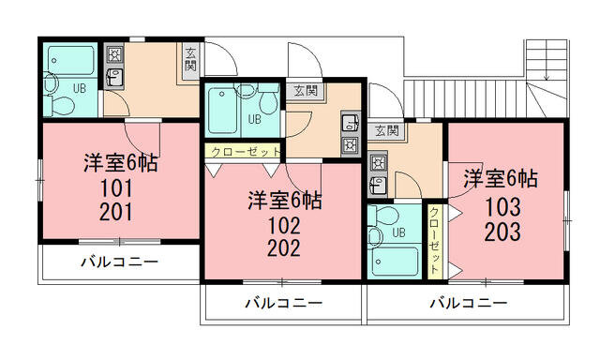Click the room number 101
coord(116,188)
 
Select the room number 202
coord(284,248)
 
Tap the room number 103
coord(502,207)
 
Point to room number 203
coord(502,232)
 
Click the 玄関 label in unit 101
coord(190,59)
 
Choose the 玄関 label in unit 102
coord(306,91)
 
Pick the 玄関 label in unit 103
coord(387,131)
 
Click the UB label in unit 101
coord(80,88)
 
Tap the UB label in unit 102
coord(254,119)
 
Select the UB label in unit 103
coord(398,232)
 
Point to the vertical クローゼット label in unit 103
coord(434,240)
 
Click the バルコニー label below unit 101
coord(119,262)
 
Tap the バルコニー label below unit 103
coord(469,303)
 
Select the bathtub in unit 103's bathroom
coord(395,262)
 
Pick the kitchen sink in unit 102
coord(350,123)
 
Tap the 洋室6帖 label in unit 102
coord(284,201)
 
